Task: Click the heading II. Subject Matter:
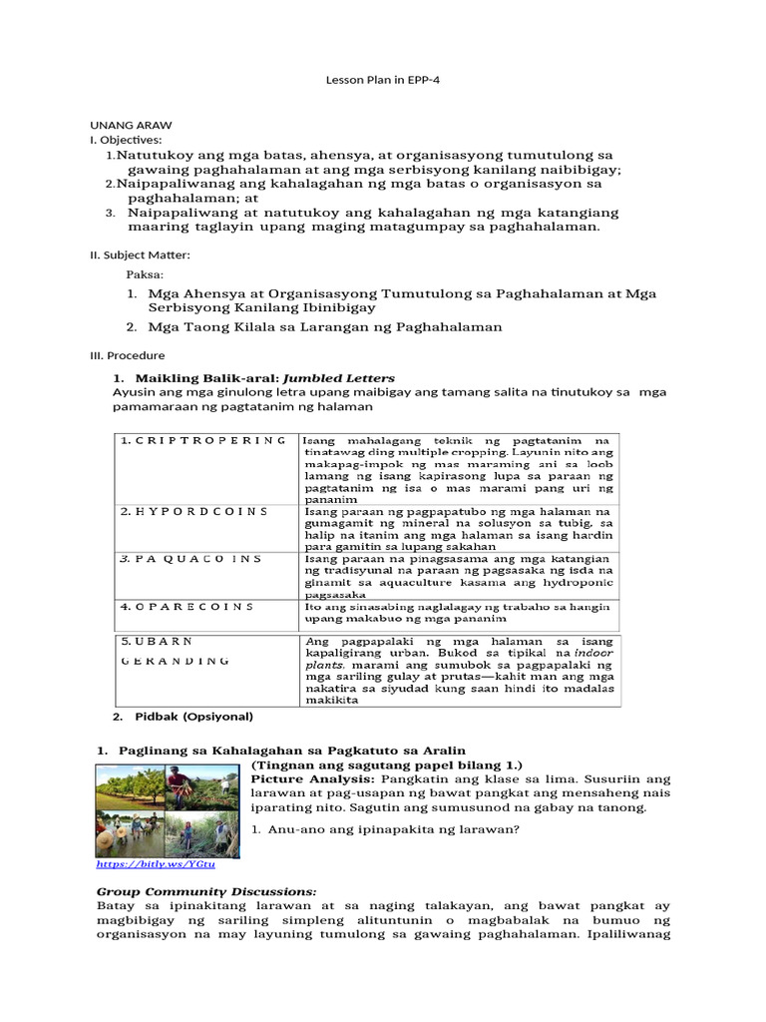point(140,255)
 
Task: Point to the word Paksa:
point(144,273)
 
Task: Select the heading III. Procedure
point(128,355)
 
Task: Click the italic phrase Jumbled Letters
point(339,378)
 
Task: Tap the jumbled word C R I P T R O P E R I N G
point(203,440)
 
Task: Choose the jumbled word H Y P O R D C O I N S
point(194,511)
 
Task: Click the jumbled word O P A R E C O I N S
point(188,606)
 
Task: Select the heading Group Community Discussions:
point(206,890)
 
